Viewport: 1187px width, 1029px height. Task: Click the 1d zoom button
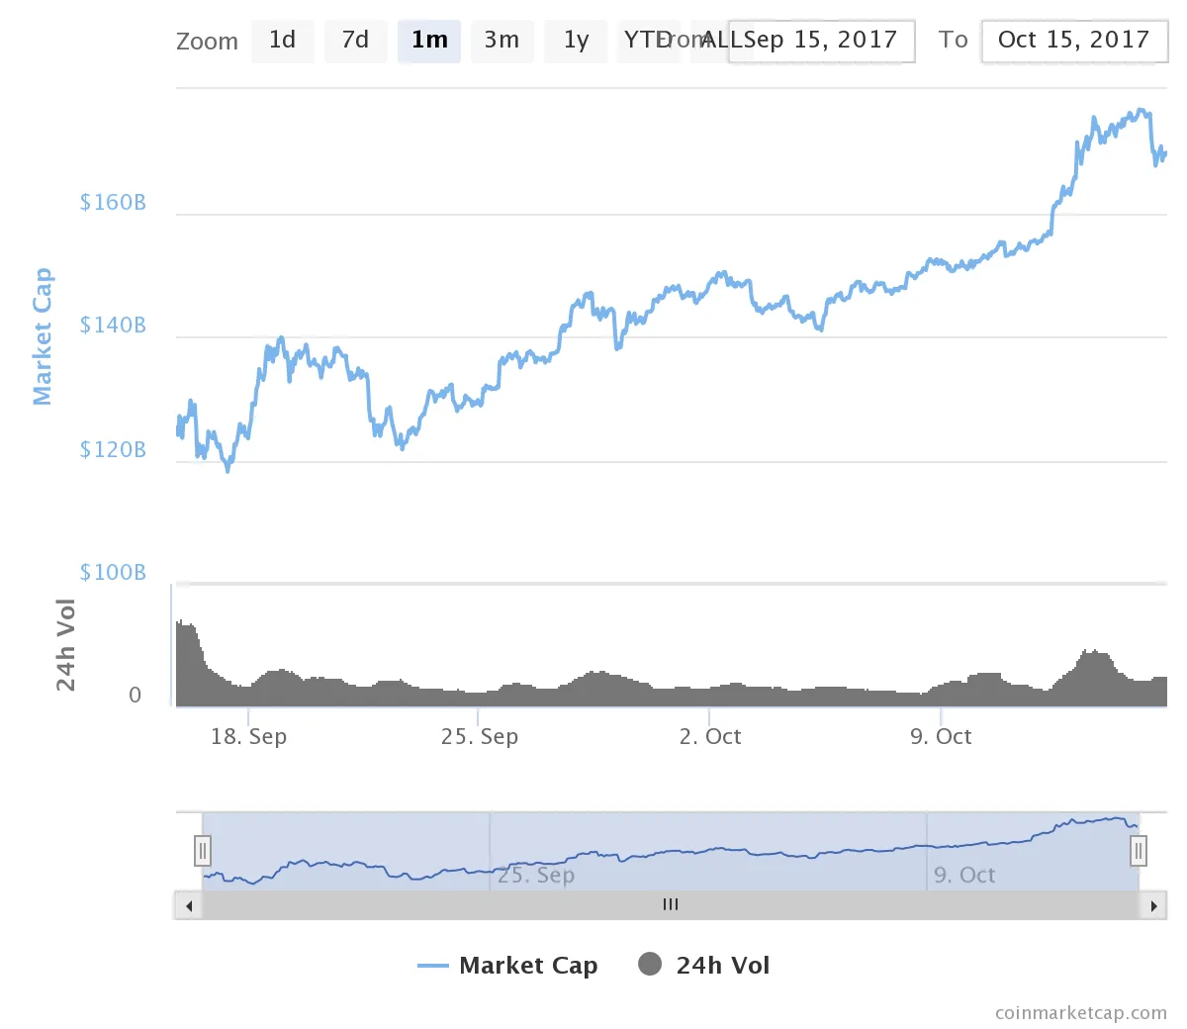click(282, 41)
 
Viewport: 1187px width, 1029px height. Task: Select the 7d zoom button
click(355, 41)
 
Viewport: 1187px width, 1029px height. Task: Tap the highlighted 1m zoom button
click(429, 41)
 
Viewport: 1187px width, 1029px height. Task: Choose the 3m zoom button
click(502, 41)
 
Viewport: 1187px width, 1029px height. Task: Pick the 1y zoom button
click(576, 41)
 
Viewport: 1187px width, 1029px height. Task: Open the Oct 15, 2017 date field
click(1073, 41)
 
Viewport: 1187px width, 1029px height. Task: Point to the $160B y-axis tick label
click(113, 203)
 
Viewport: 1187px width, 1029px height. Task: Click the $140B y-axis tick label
click(113, 326)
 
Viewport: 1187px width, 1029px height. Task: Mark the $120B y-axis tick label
click(113, 450)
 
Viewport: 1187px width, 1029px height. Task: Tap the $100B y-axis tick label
click(113, 573)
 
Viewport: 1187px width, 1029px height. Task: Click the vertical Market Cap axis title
click(42, 336)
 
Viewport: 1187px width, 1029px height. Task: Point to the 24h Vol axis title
click(65, 645)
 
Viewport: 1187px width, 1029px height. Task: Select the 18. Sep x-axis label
click(248, 737)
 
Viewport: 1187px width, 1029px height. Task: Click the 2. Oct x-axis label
click(710, 737)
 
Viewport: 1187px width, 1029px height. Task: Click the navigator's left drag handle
click(203, 851)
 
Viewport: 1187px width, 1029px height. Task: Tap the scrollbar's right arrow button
click(1153, 905)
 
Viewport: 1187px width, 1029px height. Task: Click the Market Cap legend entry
click(508, 966)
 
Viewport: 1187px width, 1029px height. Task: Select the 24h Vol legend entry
click(704, 966)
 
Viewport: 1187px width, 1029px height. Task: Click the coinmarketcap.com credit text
click(1080, 1013)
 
